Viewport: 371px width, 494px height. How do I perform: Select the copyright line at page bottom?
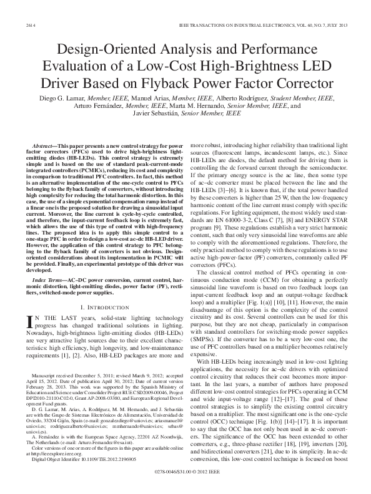click(x=185, y=482)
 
